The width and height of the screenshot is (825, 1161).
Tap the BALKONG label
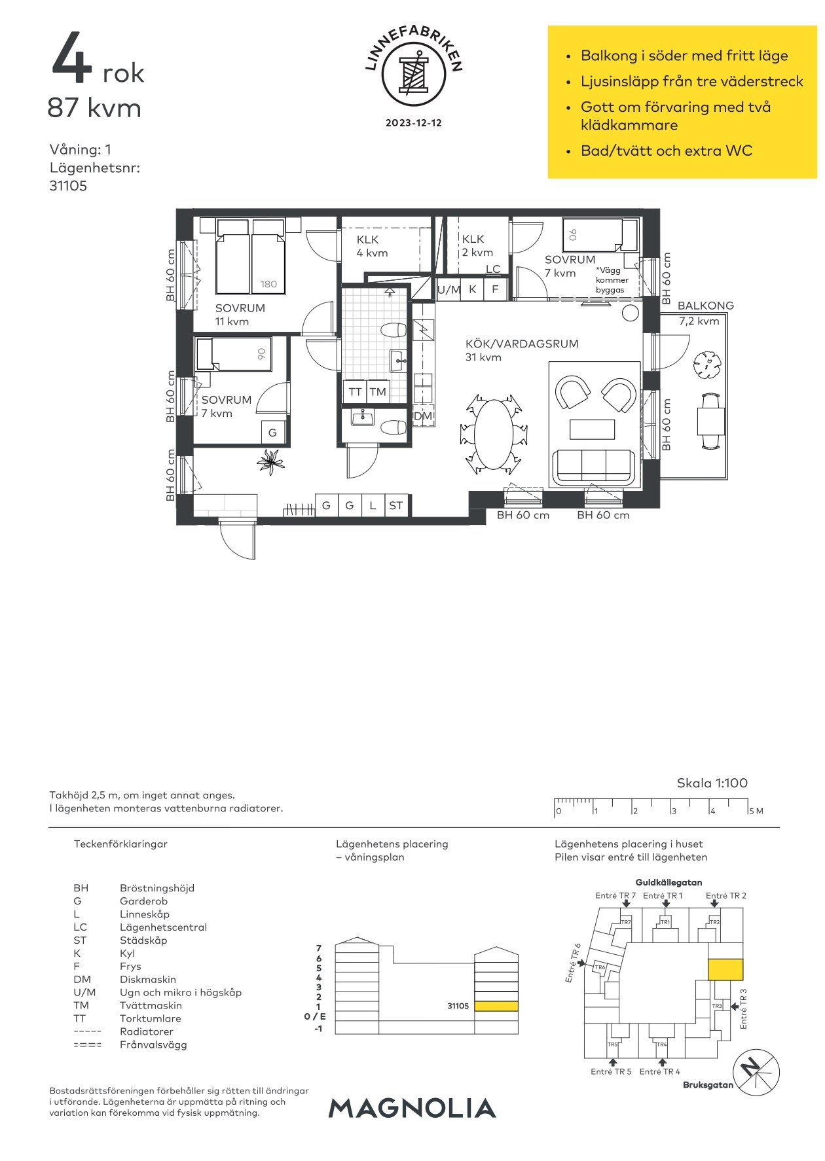[705, 306]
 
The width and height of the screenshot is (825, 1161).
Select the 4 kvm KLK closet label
[372, 246]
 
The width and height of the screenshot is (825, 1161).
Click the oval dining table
[493, 433]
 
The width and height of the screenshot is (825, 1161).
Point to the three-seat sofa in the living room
[594, 467]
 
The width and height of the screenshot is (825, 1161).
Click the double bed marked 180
[250, 256]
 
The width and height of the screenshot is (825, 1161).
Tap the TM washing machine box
[378, 392]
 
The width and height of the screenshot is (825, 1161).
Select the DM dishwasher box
[423, 416]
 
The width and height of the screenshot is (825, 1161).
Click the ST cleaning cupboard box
[396, 505]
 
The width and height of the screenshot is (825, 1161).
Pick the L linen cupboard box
[373, 505]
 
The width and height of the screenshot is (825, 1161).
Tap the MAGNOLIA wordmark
[412, 1108]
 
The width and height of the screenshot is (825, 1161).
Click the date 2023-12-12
[413, 123]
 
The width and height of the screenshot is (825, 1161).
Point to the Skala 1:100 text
[712, 783]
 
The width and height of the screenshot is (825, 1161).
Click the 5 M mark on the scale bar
[756, 811]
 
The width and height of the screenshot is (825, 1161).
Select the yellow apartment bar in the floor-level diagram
[496, 1006]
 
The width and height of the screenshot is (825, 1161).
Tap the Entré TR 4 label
[659, 1071]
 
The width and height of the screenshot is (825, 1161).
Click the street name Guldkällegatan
[669, 882]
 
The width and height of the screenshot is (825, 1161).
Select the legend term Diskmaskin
[148, 980]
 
